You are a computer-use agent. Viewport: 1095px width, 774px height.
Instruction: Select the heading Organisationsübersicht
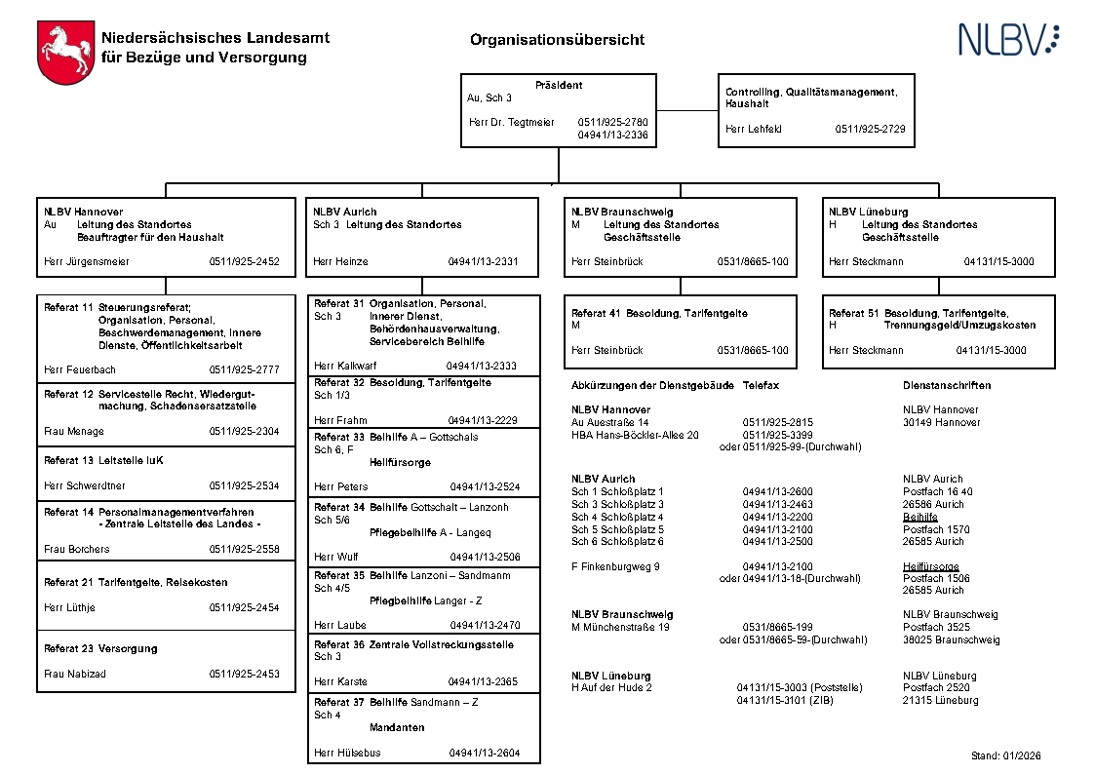[557, 40]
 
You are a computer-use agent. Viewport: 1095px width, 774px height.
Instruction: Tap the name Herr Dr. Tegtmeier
[511, 123]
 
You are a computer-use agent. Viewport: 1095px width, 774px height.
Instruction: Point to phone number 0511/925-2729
[870, 129]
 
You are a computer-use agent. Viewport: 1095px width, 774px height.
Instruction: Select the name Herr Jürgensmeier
[87, 261]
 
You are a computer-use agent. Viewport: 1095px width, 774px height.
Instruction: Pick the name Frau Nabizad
[73, 674]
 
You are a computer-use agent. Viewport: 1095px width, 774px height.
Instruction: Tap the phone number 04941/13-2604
[485, 753]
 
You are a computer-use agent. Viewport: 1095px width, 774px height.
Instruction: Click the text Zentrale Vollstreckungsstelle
[454, 644]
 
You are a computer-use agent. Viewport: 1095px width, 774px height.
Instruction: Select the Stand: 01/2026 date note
[1006, 755]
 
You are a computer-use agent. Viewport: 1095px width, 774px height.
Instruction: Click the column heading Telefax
[761, 385]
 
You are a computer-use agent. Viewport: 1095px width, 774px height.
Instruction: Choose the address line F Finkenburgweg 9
[615, 566]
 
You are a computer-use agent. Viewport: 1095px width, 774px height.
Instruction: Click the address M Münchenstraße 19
[620, 627]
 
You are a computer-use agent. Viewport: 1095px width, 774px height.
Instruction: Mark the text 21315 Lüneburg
[940, 700]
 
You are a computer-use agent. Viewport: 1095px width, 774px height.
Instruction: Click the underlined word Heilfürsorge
[930, 566]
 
